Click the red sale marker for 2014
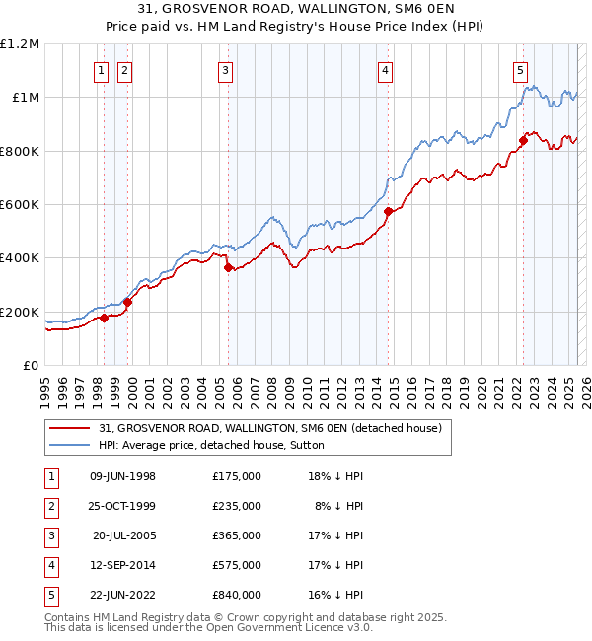point(388,211)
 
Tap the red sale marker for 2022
point(523,140)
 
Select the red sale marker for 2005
point(228,267)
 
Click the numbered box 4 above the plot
point(384,70)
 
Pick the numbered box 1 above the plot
point(102,70)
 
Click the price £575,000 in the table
point(237,565)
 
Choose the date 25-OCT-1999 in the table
point(122,506)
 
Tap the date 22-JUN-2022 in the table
point(122,595)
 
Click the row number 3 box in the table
point(50,535)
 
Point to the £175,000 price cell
point(237,476)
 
